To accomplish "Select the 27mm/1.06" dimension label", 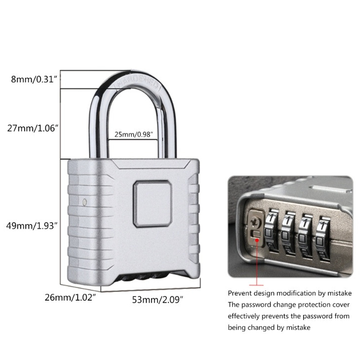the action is point(33,127).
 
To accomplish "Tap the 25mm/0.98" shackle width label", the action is point(133,134).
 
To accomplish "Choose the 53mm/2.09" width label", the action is point(158,299).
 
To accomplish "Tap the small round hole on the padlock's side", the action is point(85,202).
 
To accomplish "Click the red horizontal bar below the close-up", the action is point(256,285).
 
